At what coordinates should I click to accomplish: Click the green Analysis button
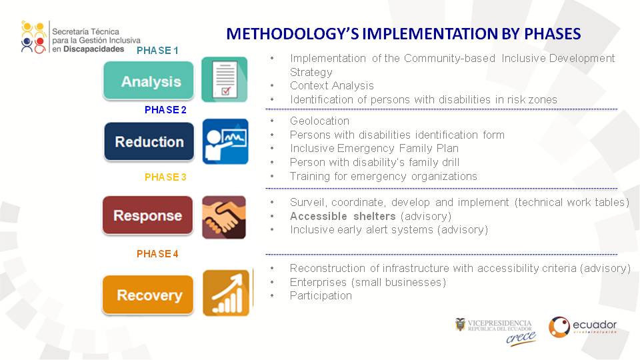point(149,81)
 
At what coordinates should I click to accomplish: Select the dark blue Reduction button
point(149,141)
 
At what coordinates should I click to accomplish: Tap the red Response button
point(148,215)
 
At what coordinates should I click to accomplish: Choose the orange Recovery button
point(148,295)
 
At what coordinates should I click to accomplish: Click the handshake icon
point(224,217)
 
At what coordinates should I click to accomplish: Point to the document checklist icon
point(225,79)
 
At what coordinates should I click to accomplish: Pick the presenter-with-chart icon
point(225,141)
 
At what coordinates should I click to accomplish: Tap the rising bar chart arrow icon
point(226,293)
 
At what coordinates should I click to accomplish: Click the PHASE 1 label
point(157,51)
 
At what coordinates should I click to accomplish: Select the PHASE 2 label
point(165,110)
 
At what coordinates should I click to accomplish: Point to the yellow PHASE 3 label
point(165,177)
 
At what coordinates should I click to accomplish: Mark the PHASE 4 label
point(157,254)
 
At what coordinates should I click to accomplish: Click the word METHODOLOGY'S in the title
point(292,34)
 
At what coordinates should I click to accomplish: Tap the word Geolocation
point(319,121)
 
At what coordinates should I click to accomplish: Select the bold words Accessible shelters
point(343,216)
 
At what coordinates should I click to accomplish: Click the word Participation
point(321,295)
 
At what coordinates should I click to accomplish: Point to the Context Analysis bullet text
point(332,86)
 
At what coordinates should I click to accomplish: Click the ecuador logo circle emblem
point(559,327)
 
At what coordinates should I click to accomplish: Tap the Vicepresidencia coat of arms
point(461,325)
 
